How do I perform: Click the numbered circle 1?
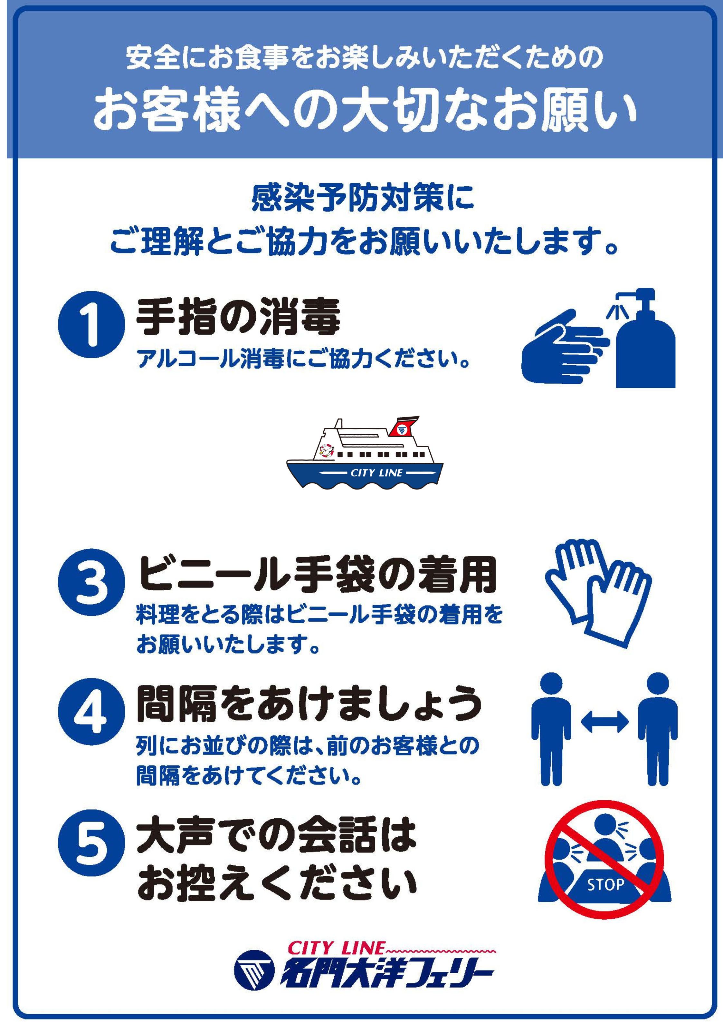tap(91, 325)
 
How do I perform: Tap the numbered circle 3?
tap(91, 582)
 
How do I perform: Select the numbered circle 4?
tap(91, 712)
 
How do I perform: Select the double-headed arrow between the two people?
tap(604, 722)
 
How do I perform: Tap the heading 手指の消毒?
tap(238, 317)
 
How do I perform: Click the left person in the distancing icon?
tap(551, 729)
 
